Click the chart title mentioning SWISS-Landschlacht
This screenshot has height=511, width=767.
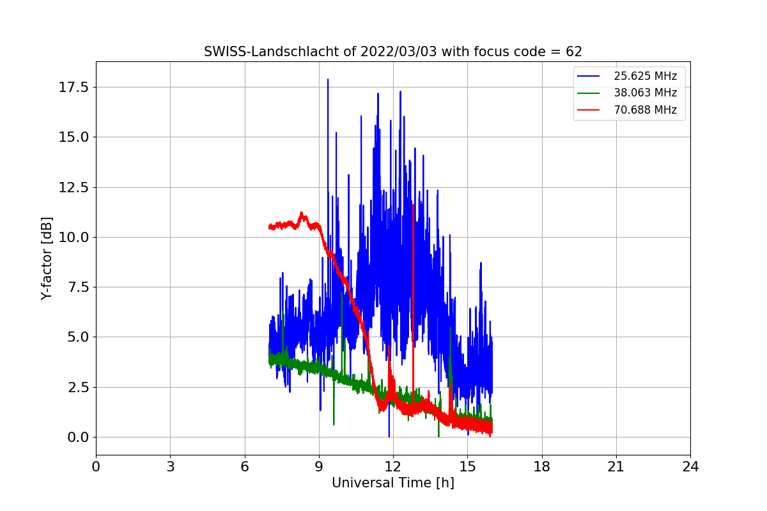[x=392, y=52]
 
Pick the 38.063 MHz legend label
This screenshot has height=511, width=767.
[x=645, y=93]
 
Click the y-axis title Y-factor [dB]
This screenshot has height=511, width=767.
[x=46, y=259]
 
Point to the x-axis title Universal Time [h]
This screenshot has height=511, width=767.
[x=392, y=483]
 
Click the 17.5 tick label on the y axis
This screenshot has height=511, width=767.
[x=74, y=88]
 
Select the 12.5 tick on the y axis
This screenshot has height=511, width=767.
[x=74, y=188]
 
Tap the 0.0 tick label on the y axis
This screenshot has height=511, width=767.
[x=78, y=438]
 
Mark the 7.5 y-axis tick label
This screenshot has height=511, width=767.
[x=78, y=287]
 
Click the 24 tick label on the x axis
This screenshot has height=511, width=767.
[x=690, y=467]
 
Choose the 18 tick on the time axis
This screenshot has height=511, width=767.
[x=542, y=467]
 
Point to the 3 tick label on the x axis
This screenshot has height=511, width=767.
[x=171, y=467]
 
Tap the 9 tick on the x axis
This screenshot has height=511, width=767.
[x=319, y=467]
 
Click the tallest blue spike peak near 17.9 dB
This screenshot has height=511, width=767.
[x=328, y=79]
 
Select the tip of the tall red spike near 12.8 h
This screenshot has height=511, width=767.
[x=414, y=205]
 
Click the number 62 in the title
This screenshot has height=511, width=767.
[x=574, y=52]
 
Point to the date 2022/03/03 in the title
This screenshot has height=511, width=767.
[x=399, y=52]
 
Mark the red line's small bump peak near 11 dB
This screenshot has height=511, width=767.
[x=302, y=213]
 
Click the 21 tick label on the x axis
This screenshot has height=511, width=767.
[x=616, y=467]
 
